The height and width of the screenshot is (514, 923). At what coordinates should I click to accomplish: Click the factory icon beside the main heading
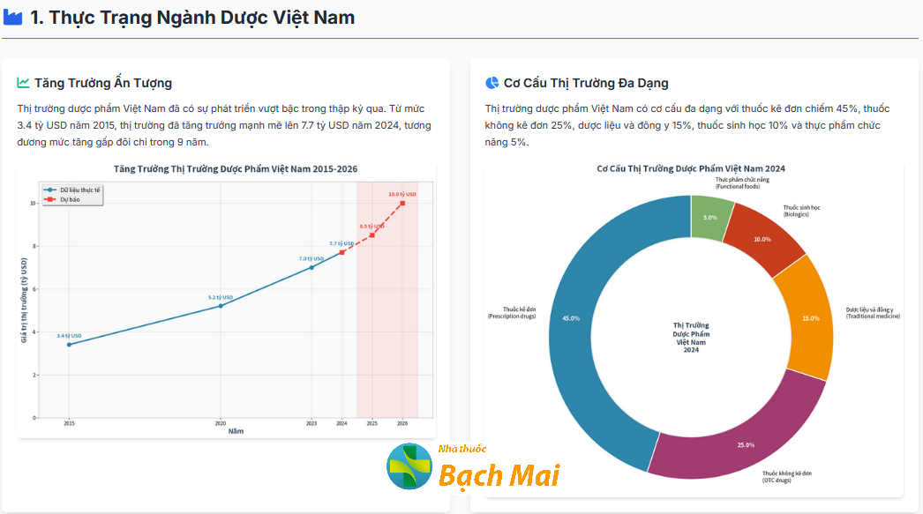pos(13,18)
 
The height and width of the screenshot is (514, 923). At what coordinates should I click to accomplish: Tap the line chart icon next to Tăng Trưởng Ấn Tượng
pos(23,83)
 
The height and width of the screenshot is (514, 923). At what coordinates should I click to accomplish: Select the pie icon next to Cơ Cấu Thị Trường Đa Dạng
pos(492,83)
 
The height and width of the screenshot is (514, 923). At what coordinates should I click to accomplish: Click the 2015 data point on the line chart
pos(69,344)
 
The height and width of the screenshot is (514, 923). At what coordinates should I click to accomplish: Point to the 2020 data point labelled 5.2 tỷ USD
pos(221,306)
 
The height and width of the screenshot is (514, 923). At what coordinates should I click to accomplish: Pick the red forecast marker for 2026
pos(402,203)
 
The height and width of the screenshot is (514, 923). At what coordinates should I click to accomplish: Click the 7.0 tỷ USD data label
pos(311,258)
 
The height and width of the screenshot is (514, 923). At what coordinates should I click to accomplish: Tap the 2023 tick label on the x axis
pos(311,423)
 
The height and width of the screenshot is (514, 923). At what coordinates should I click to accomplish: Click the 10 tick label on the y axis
pos(33,203)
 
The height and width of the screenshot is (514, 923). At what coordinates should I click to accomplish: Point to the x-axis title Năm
pos(236,431)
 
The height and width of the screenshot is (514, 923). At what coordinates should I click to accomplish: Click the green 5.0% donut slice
pos(710,217)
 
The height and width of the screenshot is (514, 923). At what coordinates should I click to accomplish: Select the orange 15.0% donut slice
pos(807,317)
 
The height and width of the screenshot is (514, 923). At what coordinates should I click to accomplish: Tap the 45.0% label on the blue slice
pos(571,318)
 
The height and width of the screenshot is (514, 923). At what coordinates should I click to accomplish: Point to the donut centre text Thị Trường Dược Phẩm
pos(691,334)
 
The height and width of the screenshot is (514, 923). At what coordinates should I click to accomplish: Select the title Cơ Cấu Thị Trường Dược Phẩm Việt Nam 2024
pos(691,168)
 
